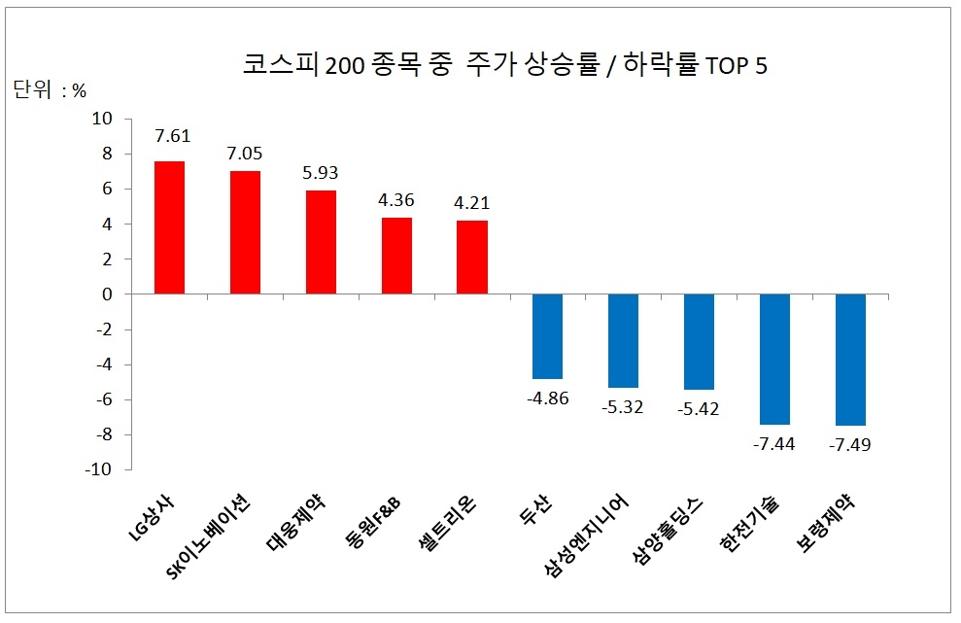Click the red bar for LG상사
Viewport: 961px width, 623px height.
[x=170, y=227]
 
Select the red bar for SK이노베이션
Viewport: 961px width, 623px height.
[x=245, y=232]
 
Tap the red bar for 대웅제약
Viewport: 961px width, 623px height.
[x=321, y=242]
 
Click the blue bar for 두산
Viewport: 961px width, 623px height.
[x=548, y=336]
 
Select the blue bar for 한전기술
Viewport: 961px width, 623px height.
[x=774, y=359]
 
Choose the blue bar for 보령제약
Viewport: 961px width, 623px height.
[x=850, y=360]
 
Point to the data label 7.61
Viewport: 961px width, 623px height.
[x=170, y=136]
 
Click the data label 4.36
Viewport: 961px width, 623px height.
[x=396, y=200]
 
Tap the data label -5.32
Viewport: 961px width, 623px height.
[x=624, y=406]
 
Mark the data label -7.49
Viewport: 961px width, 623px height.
[x=850, y=444]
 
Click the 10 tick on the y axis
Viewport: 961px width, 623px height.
[x=102, y=119]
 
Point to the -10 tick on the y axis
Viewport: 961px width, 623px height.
[x=98, y=469]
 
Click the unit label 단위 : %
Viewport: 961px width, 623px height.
[x=50, y=91]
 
